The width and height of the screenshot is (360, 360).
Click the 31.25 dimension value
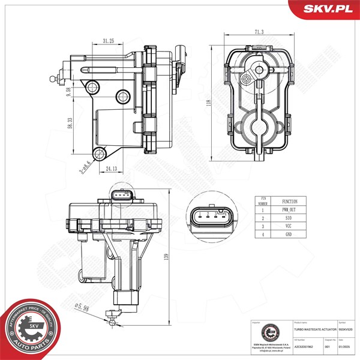point(109,41)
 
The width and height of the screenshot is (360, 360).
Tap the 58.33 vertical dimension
point(70,123)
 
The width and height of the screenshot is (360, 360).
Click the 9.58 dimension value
point(70,93)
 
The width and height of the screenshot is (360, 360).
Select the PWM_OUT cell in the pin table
point(289,211)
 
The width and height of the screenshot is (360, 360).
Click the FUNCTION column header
point(289,202)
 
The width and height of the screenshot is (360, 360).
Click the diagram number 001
point(328,346)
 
